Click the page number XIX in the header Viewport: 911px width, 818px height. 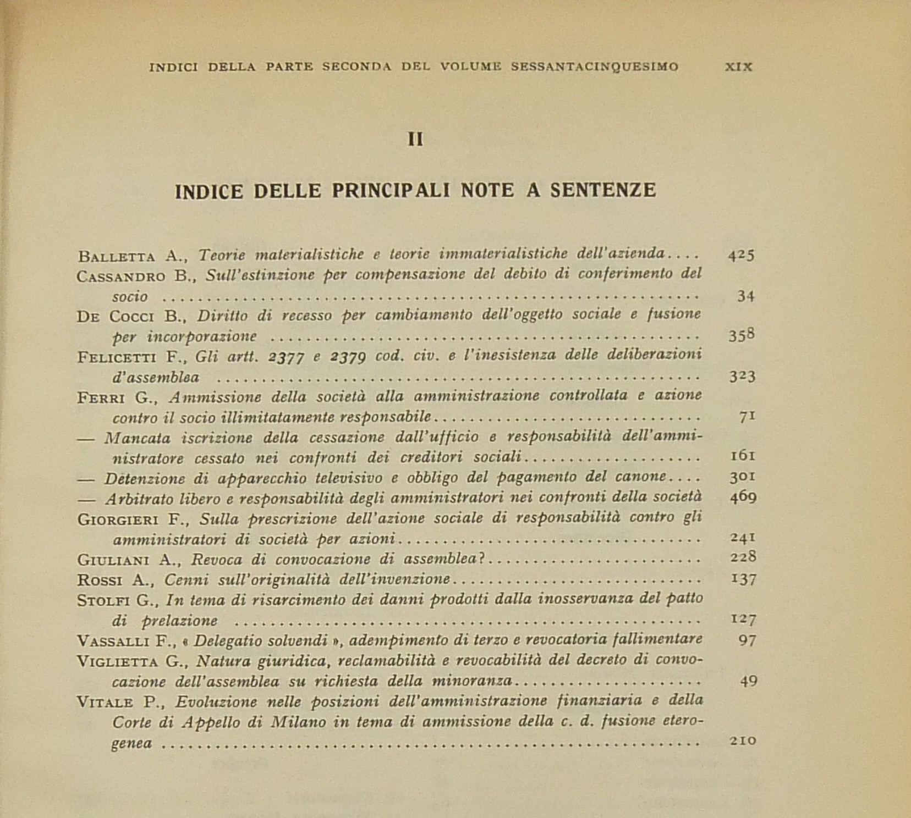coord(738,67)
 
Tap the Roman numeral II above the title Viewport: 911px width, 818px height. coord(415,140)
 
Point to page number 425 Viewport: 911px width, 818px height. coord(741,255)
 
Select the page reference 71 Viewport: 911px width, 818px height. coord(747,416)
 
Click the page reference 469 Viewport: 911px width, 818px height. coord(743,498)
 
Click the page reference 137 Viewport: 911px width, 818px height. coord(743,579)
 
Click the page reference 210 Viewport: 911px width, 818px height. coord(743,741)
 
